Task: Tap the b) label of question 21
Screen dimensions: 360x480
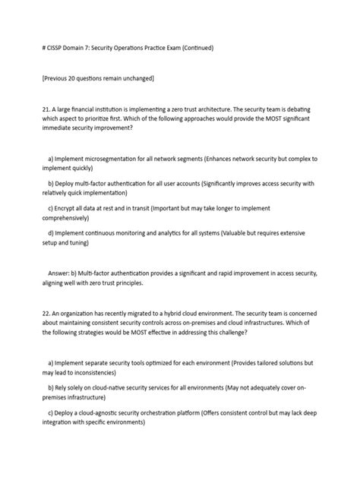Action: (50, 184)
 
